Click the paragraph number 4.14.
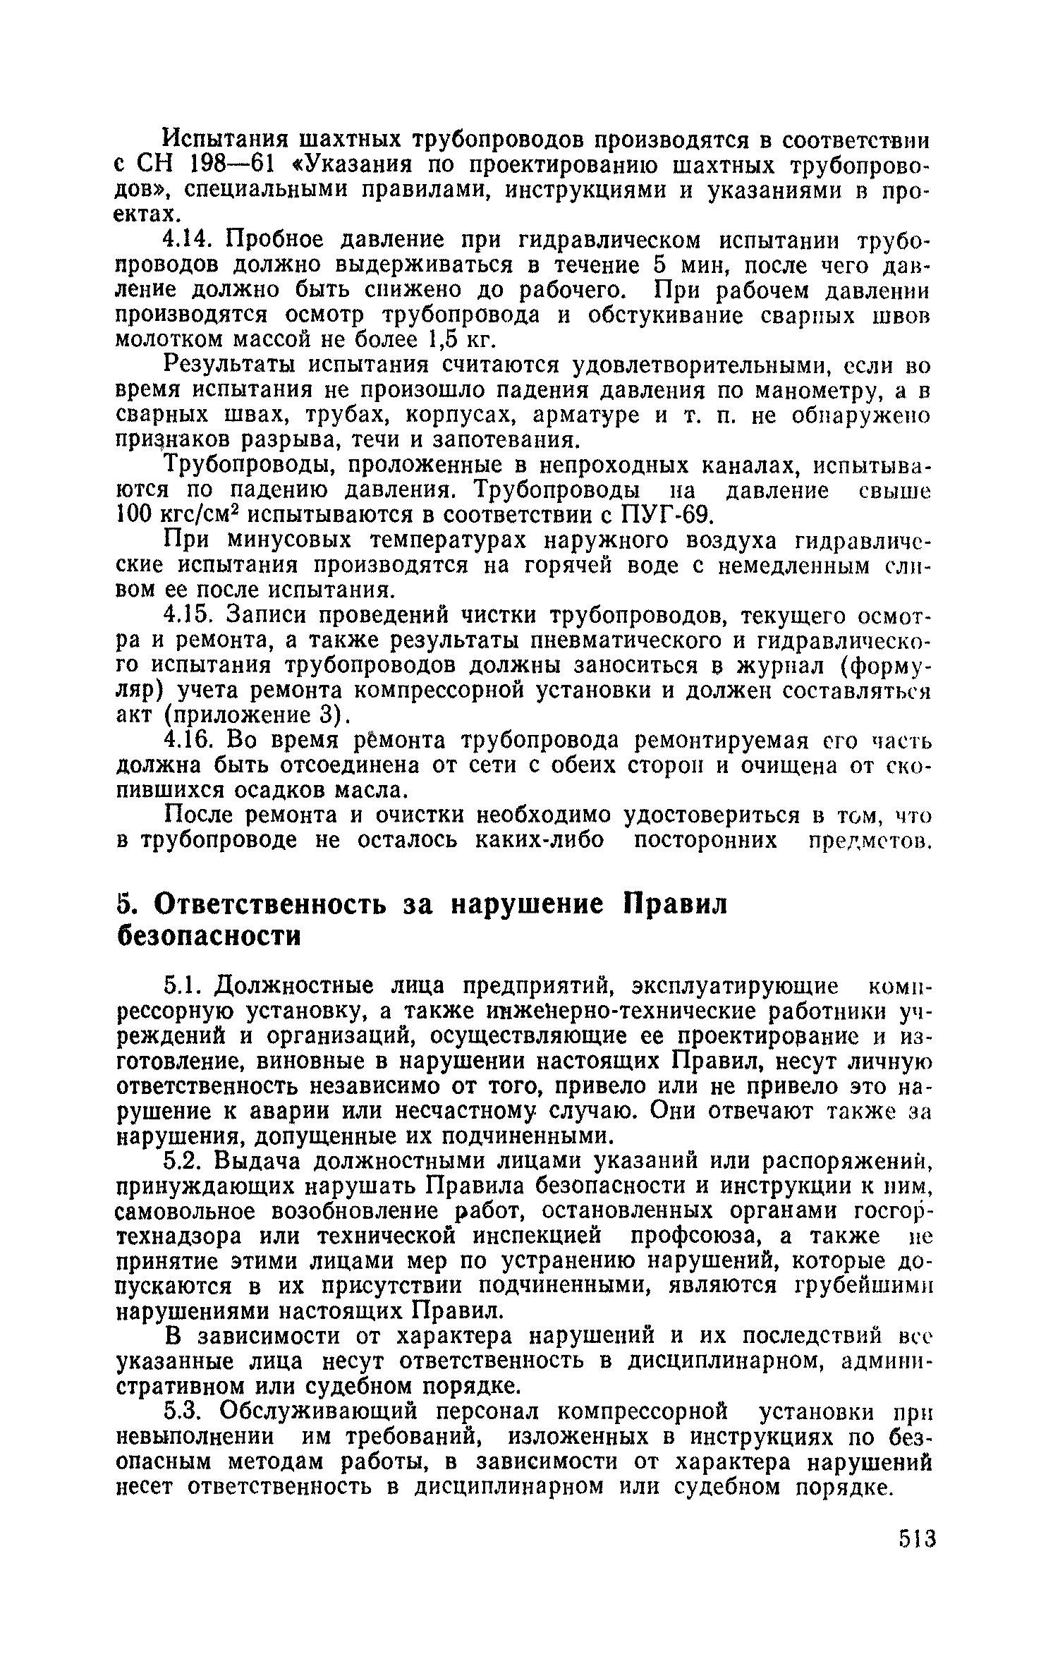(187, 240)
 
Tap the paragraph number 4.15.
(187, 616)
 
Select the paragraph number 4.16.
(187, 741)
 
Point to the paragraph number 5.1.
(183, 985)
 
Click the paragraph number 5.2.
(183, 1160)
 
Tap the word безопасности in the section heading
(208, 936)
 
